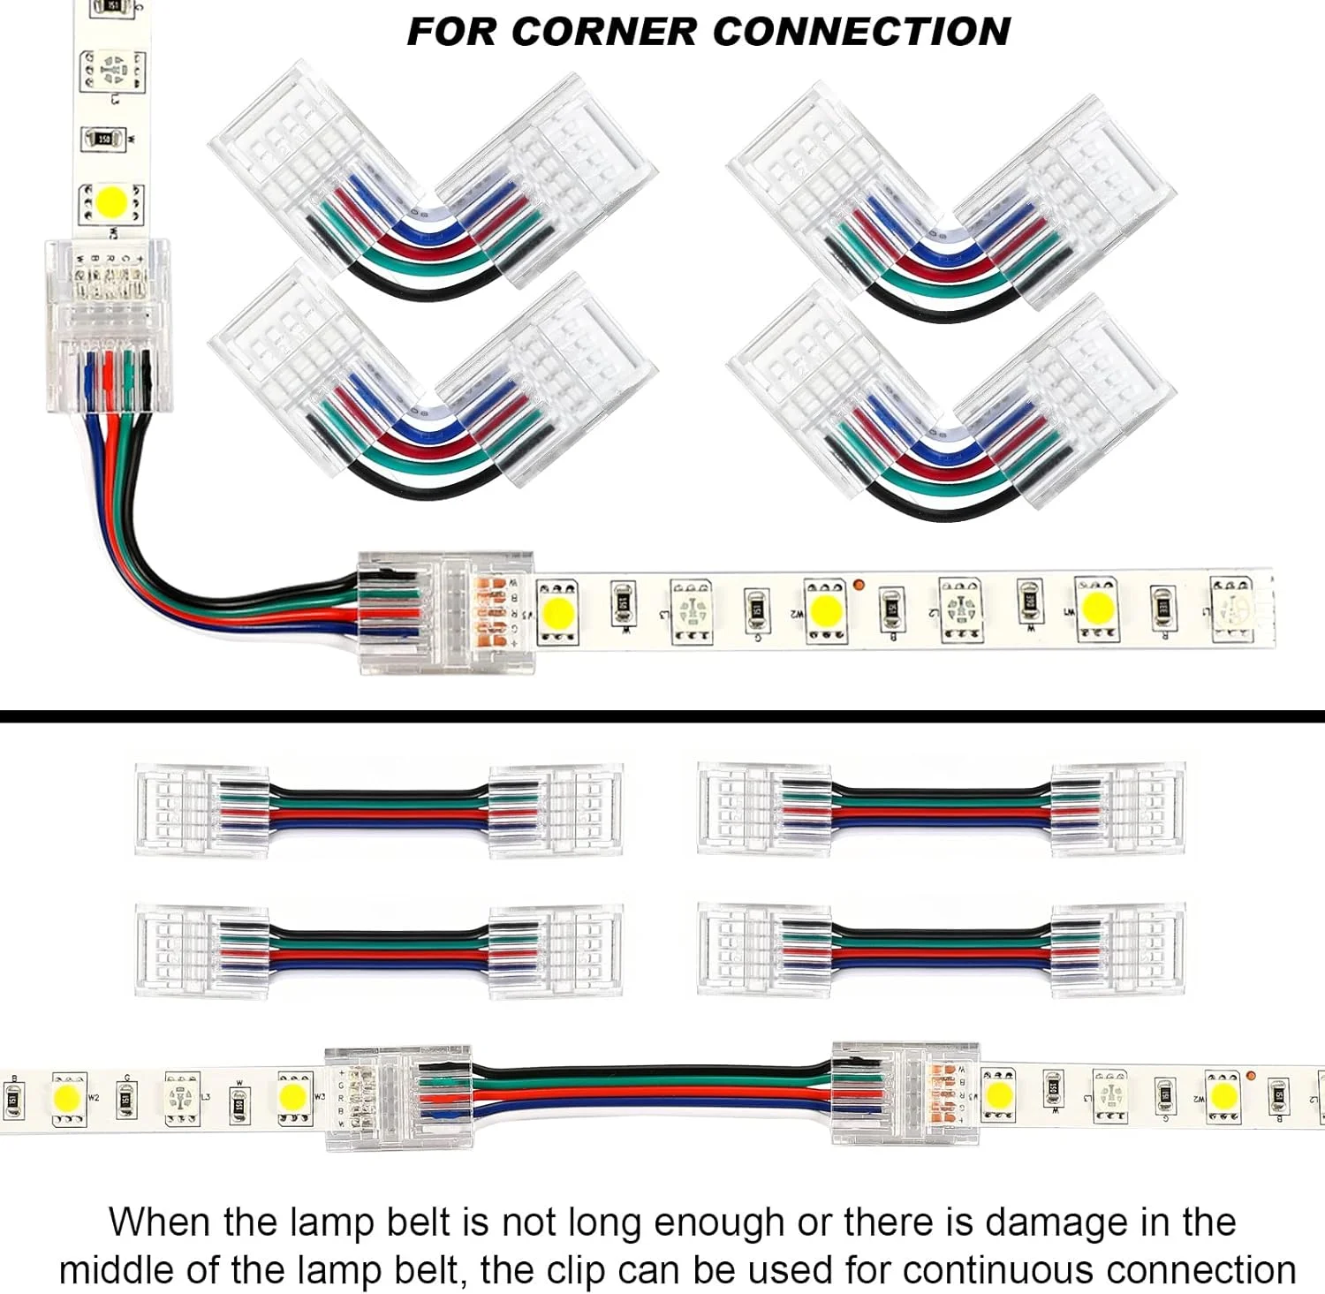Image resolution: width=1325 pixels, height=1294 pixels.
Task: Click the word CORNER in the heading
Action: coord(607,32)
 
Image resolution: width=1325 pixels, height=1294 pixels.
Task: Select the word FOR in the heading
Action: coord(450,32)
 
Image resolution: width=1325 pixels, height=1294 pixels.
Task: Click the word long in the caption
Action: coord(603,1223)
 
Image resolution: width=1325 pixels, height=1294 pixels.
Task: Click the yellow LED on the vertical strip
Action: coord(112,202)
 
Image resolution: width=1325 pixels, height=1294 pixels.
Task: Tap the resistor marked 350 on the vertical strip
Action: coord(103,139)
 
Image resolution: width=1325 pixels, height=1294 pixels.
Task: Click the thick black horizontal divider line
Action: coord(662,716)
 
